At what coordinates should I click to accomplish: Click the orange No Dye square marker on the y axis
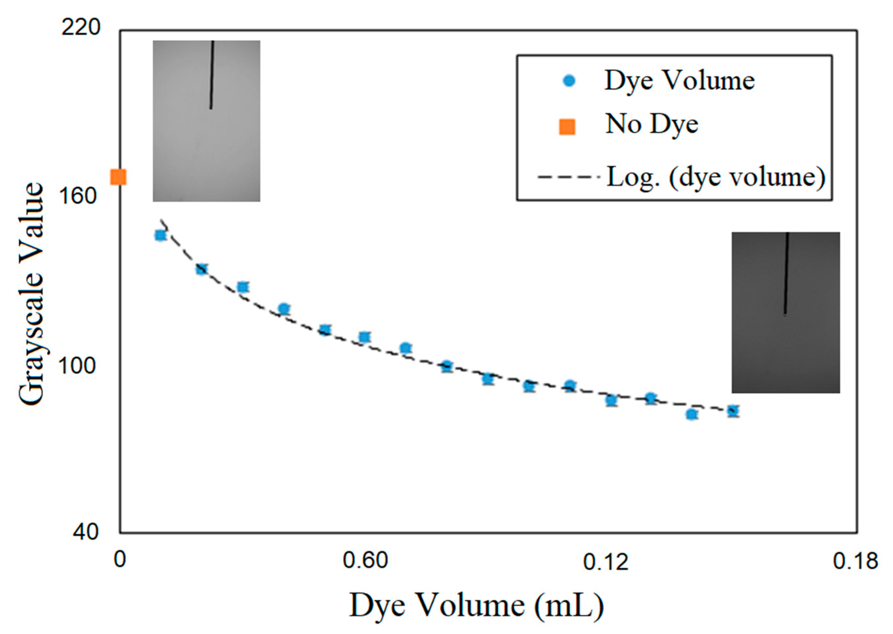[x=118, y=177]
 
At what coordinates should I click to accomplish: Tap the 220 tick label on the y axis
[x=81, y=28]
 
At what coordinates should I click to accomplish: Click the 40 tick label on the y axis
[x=86, y=532]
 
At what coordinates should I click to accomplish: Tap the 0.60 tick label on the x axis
[x=365, y=561]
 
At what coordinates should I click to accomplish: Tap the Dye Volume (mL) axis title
[x=476, y=606]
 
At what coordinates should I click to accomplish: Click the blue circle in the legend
[x=570, y=81]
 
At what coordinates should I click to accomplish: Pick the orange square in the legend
[x=567, y=127]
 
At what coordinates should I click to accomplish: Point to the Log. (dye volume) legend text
[x=716, y=177]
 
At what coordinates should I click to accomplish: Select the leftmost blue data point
[x=160, y=235]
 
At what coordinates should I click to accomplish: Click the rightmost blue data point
[x=733, y=411]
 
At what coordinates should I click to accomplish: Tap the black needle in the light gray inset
[x=212, y=74]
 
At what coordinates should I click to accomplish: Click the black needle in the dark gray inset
[x=786, y=273]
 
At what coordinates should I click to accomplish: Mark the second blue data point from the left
[x=201, y=269]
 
